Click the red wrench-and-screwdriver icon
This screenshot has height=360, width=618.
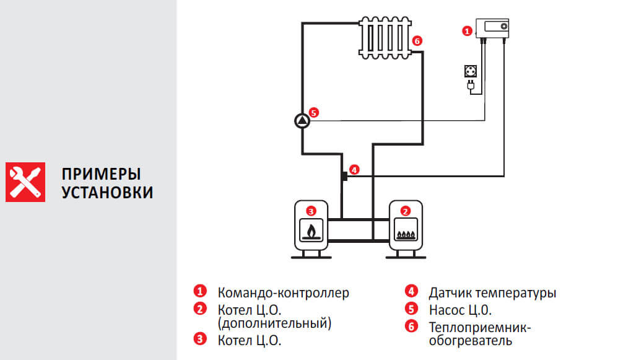click(x=26, y=182)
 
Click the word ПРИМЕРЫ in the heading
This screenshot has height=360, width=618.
click(x=101, y=173)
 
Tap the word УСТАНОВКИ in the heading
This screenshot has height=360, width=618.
click(x=107, y=192)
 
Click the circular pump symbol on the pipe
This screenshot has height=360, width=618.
click(x=302, y=121)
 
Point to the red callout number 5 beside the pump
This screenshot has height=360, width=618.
click(x=313, y=113)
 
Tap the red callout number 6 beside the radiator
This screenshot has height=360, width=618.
click(x=417, y=41)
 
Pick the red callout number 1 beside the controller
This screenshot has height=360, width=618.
click(x=467, y=29)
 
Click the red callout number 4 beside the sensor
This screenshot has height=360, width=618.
click(x=354, y=169)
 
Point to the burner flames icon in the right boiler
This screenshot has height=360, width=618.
click(x=405, y=233)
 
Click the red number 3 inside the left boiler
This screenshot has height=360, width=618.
click(x=311, y=211)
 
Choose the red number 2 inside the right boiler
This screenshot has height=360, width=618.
click(x=405, y=211)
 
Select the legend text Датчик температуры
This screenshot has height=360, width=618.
click(x=492, y=292)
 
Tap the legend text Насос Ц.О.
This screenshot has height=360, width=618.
click(x=460, y=309)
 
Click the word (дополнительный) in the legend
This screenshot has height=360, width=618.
click(x=274, y=323)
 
